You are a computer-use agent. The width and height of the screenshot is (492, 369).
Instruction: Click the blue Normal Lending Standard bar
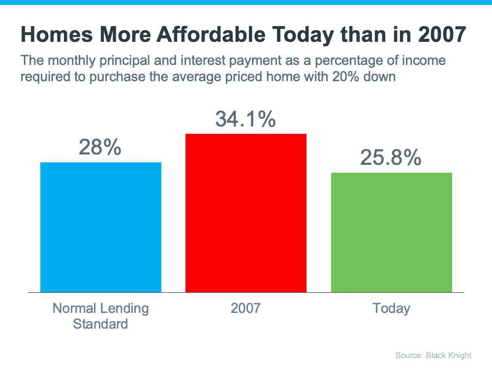coord(100,227)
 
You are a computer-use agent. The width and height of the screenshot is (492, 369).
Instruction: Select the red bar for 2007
coord(246,213)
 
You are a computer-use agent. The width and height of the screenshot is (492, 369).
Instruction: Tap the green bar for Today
coord(391,232)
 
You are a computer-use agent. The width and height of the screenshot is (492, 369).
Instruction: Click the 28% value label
coord(100,147)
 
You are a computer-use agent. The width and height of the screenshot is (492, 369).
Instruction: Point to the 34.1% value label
coord(245,119)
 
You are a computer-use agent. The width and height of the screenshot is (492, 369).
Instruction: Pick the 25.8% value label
coord(391,157)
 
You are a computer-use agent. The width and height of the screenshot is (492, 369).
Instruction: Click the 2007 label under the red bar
coord(246,308)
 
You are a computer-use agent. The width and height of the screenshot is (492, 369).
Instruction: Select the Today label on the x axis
coord(391,308)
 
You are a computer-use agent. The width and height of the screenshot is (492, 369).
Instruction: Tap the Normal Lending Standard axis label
coord(100,316)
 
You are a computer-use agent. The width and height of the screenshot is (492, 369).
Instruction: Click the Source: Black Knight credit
coord(433,355)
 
